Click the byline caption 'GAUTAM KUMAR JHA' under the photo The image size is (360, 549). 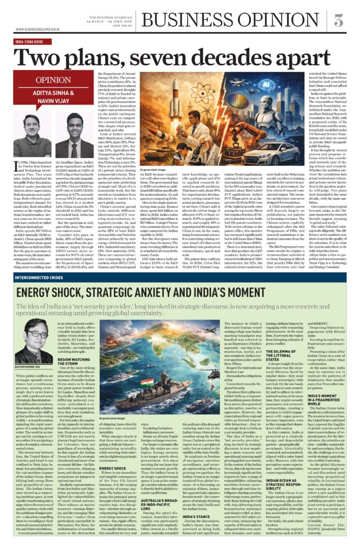[x=32, y=367]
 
